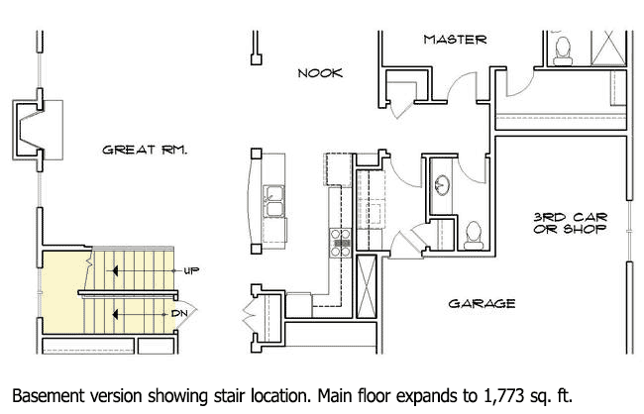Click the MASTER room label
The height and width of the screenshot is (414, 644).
pyautogui.click(x=455, y=40)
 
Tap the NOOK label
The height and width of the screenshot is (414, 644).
pyautogui.click(x=320, y=73)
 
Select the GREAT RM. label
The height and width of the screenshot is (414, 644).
pyautogui.click(x=146, y=151)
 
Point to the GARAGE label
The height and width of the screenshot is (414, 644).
pyautogui.click(x=483, y=303)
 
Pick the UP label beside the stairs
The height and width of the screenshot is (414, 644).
pyautogui.click(x=191, y=269)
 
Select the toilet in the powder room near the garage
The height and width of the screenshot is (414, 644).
pyautogui.click(x=474, y=234)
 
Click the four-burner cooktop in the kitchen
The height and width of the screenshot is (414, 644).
pyautogui.click(x=341, y=238)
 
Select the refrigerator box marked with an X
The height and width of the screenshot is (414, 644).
pyautogui.click(x=367, y=284)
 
